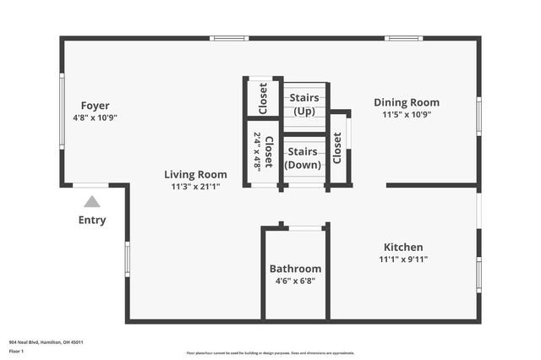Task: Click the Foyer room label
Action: click(x=95, y=105)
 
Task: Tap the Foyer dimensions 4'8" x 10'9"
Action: click(x=95, y=117)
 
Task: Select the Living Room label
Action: click(x=195, y=174)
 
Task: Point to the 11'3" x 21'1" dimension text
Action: click(x=195, y=187)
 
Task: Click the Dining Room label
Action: click(x=407, y=102)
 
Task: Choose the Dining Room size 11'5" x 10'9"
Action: click(x=407, y=115)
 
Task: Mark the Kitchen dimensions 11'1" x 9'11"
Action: click(x=403, y=259)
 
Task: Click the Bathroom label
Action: click(x=295, y=269)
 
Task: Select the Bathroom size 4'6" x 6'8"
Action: click(x=295, y=281)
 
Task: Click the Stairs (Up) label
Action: click(x=303, y=104)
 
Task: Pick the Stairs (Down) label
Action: click(x=303, y=158)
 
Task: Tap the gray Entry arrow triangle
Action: click(x=92, y=201)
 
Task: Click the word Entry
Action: click(x=92, y=221)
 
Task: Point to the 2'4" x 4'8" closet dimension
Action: click(x=257, y=151)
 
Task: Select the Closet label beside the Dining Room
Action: click(x=337, y=149)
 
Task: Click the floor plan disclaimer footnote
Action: click(x=270, y=353)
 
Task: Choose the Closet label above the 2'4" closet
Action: click(x=263, y=98)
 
